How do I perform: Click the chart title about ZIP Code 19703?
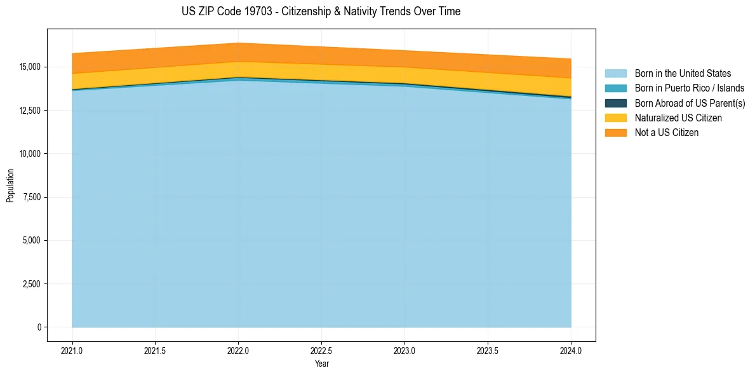(321, 11)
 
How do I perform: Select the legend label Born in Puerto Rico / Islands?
(690, 88)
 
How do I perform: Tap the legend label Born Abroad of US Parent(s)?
(690, 103)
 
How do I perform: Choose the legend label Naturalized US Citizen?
(678, 118)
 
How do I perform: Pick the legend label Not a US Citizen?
(666, 133)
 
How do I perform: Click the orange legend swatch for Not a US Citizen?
(615, 133)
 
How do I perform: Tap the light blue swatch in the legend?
(615, 74)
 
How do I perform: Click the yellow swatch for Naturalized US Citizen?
(615, 118)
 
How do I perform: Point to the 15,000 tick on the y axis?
(29, 67)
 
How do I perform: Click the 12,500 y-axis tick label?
(29, 111)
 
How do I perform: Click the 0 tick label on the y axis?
(39, 327)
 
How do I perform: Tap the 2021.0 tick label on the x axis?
(72, 350)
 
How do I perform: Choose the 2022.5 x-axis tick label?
(321, 350)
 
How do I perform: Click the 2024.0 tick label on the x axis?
(571, 350)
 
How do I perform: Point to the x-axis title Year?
(321, 364)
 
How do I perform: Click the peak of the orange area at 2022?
(238, 44)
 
